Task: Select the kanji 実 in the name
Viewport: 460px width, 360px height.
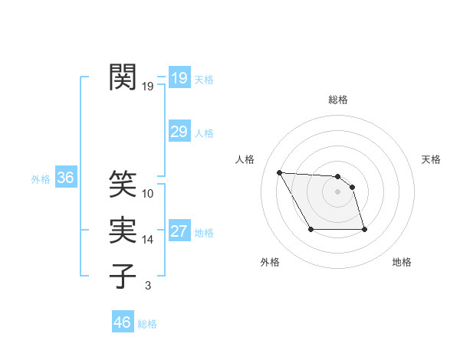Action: [123, 230]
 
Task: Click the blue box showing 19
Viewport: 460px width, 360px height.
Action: [179, 77]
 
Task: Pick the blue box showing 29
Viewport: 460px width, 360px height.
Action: [179, 132]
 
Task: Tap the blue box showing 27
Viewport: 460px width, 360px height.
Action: [179, 231]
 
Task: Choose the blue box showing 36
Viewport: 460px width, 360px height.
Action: [65, 178]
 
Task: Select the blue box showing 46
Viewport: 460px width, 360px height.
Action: [122, 322]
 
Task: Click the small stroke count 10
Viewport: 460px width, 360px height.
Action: [148, 194]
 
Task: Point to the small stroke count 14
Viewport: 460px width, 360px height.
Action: [148, 240]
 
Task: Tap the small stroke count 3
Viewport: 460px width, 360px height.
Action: [148, 286]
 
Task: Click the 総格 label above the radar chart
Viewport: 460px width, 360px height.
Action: [338, 100]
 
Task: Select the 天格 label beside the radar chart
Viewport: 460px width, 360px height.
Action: [432, 159]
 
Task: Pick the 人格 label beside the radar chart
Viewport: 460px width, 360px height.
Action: [245, 159]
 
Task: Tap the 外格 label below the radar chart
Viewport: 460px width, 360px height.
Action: [270, 262]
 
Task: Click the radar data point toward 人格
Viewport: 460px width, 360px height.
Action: [279, 172]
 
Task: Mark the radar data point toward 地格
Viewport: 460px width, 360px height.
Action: [364, 229]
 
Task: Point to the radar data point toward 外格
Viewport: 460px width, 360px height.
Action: [310, 229]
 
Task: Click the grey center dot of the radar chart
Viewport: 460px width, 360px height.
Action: [338, 191]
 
